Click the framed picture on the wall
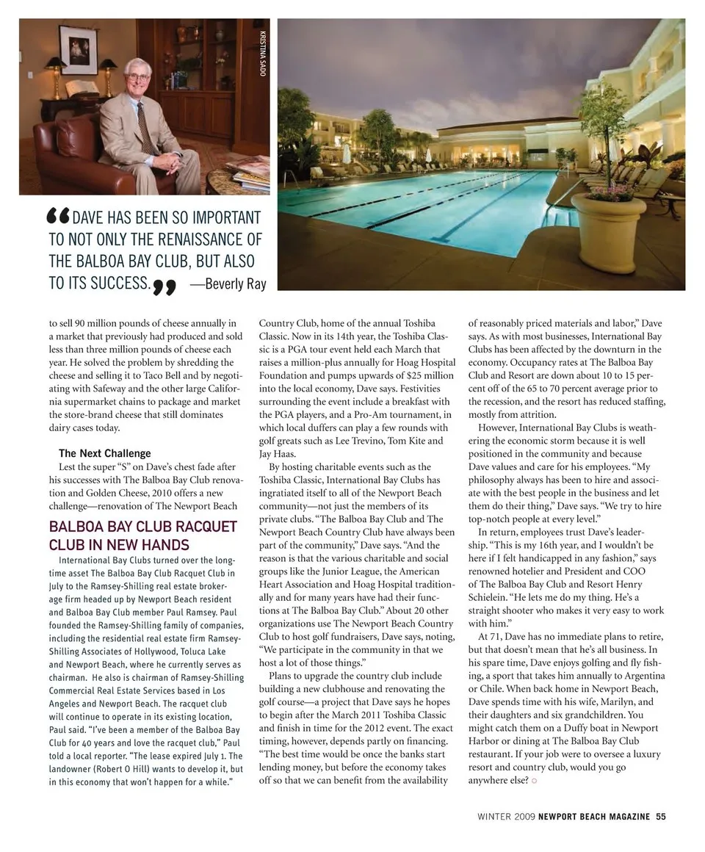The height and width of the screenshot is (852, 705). tap(79, 50)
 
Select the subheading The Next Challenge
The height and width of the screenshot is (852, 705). tap(104, 453)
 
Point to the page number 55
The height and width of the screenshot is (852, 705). tap(661, 815)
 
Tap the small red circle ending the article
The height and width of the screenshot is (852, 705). tap(535, 780)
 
